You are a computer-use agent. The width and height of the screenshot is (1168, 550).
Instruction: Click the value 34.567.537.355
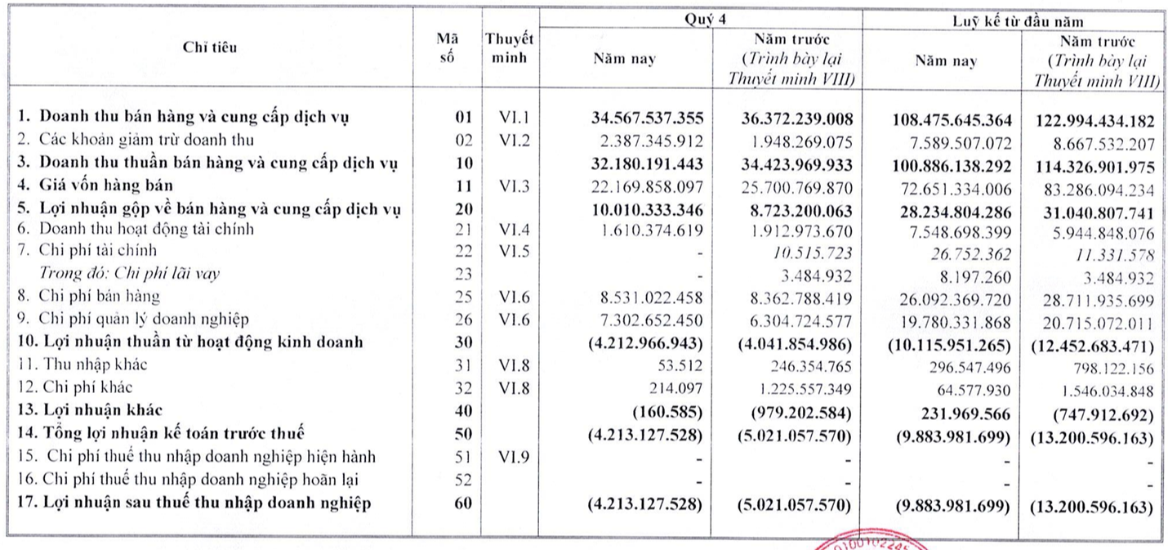[x=645, y=119]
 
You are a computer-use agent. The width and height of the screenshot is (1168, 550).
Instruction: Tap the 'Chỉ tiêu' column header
[x=211, y=47]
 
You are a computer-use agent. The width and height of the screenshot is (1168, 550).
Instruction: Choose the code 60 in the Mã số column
[x=463, y=503]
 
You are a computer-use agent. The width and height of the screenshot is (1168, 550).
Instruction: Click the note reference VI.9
[x=515, y=456]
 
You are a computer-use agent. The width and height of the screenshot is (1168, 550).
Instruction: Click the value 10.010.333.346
[x=645, y=209]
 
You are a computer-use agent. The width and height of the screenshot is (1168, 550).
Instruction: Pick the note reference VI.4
[x=515, y=230]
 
